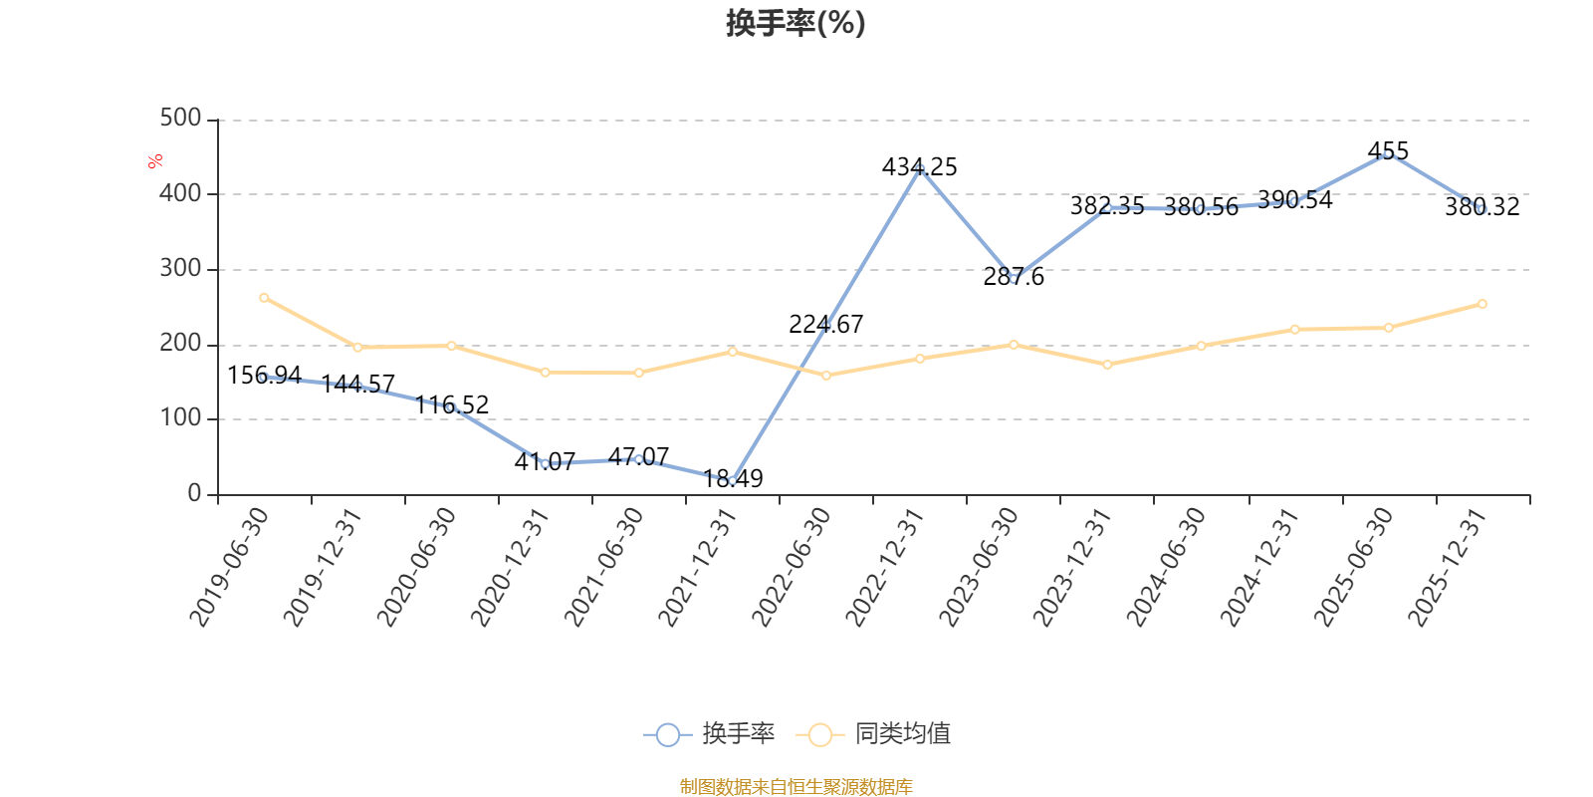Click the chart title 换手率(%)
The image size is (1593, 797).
(796, 23)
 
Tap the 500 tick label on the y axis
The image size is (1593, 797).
(180, 118)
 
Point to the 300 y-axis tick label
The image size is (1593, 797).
(180, 268)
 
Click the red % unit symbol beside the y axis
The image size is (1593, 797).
(155, 161)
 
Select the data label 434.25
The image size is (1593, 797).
(920, 167)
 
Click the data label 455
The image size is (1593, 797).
(1388, 150)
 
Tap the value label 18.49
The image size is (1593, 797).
(733, 478)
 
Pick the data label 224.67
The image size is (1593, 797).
(825, 325)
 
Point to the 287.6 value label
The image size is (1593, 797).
(1014, 276)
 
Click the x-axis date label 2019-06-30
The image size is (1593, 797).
(229, 568)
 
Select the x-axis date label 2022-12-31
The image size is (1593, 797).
(885, 568)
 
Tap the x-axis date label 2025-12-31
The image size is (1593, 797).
(1448, 568)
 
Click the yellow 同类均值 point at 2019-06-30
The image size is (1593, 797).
(264, 298)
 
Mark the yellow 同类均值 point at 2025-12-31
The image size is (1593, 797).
(1482, 304)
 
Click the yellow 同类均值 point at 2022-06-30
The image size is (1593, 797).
(825, 376)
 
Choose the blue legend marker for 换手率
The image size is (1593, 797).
(668, 734)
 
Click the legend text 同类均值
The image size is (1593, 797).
(902, 733)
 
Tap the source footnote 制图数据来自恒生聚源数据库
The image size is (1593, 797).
(796, 786)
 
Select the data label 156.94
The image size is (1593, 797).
(264, 375)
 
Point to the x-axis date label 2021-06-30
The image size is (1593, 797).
(603, 568)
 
